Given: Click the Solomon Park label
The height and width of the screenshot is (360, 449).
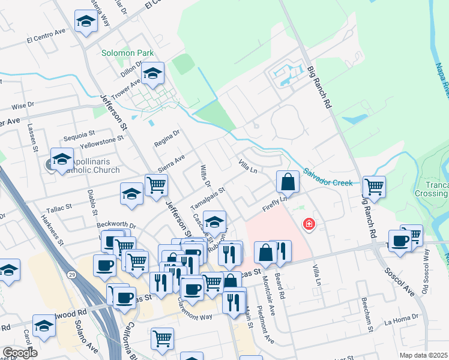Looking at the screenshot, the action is pyautogui.click(x=128, y=53).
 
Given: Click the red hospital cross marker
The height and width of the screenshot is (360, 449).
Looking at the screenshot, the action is pyautogui.click(x=309, y=224).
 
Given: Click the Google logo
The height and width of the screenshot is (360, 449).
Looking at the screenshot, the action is pyautogui.click(x=19, y=353).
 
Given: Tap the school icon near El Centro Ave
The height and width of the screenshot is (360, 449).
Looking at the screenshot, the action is pyautogui.click(x=86, y=22).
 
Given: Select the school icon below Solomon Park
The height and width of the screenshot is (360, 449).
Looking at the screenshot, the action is pyautogui.click(x=153, y=74).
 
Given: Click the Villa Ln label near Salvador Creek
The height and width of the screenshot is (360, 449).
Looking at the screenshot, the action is pyautogui.click(x=248, y=166).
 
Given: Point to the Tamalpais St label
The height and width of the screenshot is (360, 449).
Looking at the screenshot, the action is pyautogui.click(x=207, y=198).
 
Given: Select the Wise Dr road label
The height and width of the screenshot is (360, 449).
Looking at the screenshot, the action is pyautogui.click(x=23, y=106).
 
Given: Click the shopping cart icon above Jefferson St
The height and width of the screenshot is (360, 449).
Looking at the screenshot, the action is pyautogui.click(x=156, y=185).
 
